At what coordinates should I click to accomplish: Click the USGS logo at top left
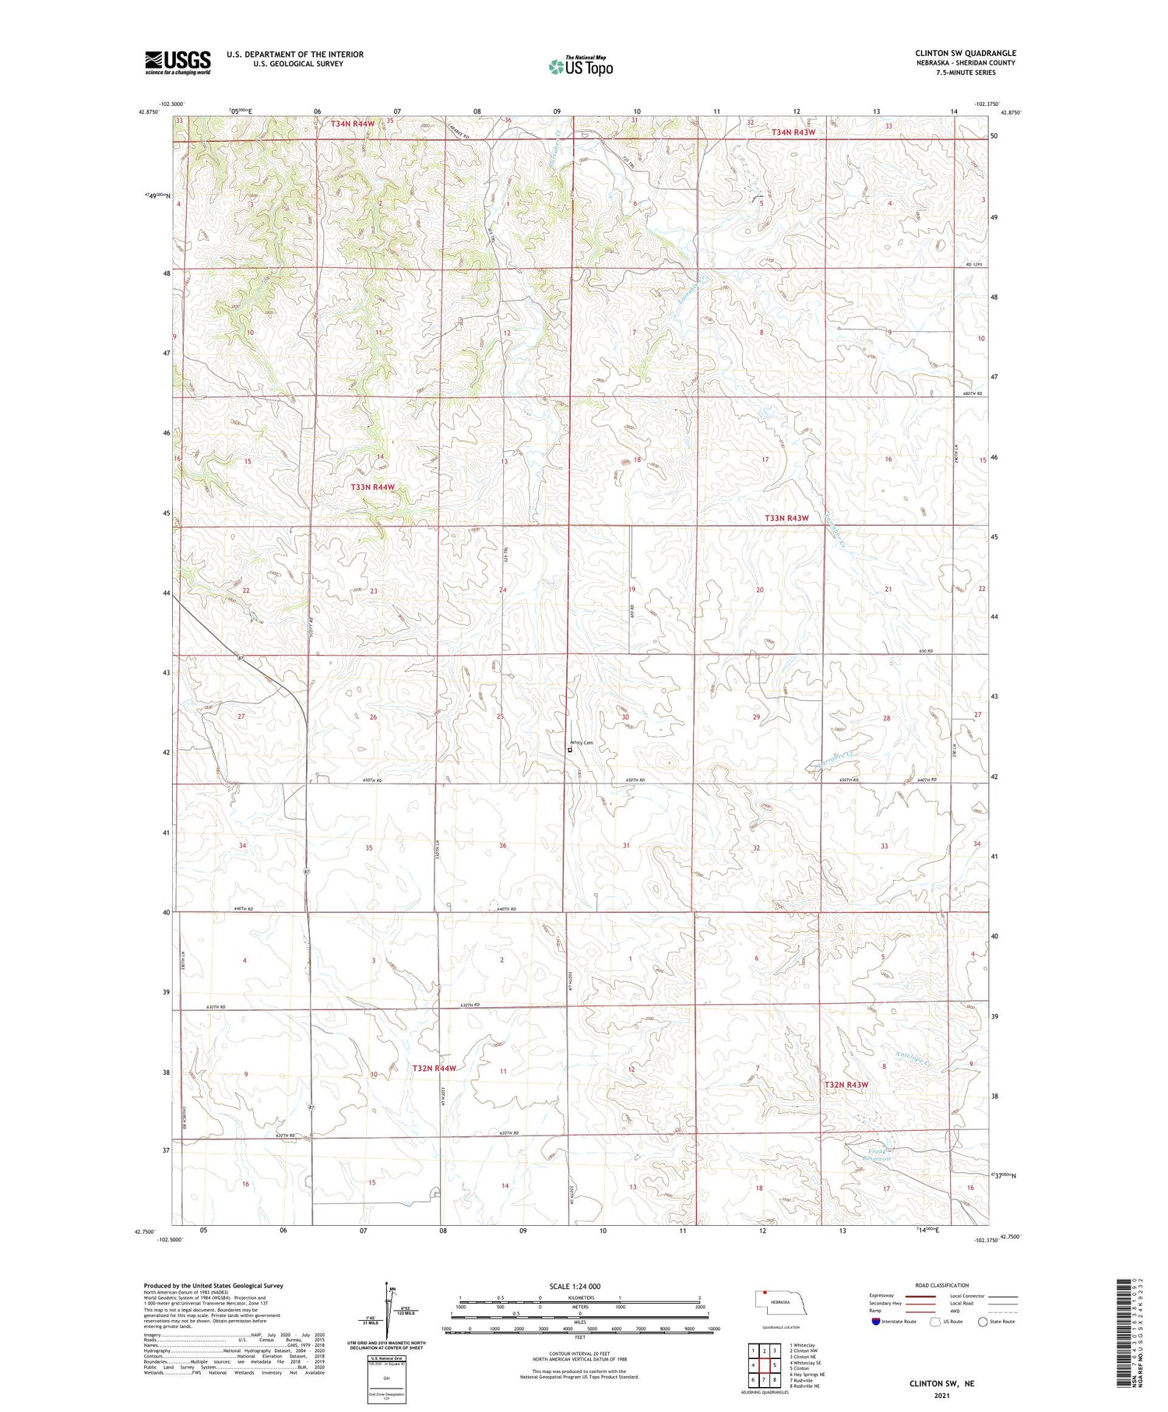tap(178, 62)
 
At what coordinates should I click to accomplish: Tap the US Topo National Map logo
tap(580, 66)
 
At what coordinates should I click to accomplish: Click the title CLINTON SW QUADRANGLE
tap(965, 53)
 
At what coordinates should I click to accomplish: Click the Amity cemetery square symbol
tap(570, 751)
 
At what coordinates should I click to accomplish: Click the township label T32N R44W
tap(434, 1069)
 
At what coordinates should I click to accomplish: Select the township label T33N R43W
tap(786, 518)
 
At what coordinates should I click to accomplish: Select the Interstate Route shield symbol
tap(876, 1321)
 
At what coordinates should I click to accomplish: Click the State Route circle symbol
tap(983, 1321)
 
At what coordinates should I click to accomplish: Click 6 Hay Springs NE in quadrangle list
tap(807, 1375)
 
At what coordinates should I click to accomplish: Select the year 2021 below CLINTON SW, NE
tap(941, 1396)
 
